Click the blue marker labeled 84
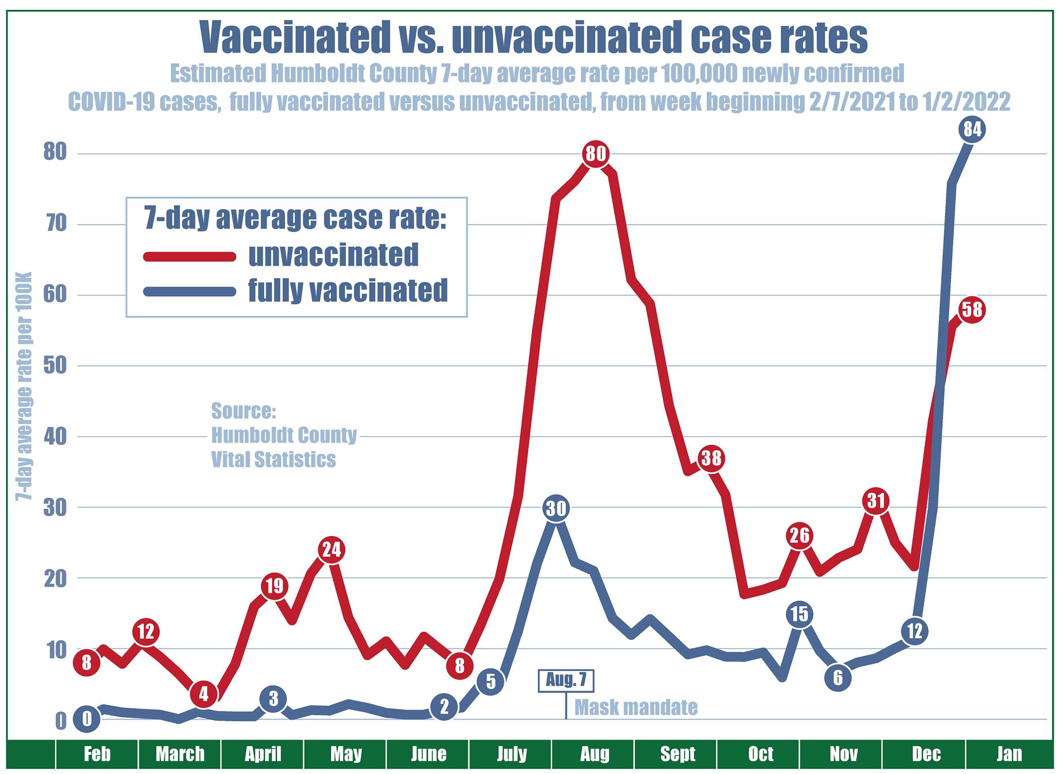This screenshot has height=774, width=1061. click(972, 129)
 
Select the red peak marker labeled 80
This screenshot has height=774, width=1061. click(595, 153)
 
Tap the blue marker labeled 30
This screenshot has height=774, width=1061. click(556, 508)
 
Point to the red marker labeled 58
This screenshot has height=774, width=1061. click(972, 310)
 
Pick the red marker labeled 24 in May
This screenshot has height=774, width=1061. click(331, 549)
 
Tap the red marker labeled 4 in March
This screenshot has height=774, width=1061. click(203, 694)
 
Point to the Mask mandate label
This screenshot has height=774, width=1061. click(635, 707)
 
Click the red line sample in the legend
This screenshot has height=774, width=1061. click(190, 256)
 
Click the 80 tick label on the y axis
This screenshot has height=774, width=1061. click(55, 153)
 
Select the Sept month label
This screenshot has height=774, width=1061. click(677, 754)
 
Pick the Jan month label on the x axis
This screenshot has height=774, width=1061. click(1009, 754)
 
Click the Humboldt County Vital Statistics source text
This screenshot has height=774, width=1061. click(283, 435)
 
